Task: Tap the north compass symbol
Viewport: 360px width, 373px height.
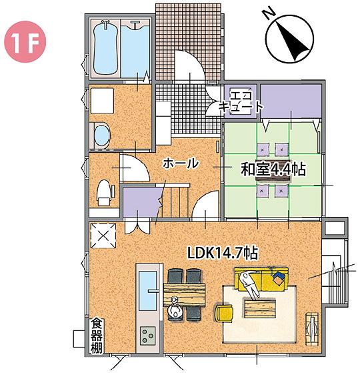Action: point(291,38)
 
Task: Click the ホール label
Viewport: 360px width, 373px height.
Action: point(179,163)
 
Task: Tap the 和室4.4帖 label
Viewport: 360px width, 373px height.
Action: point(273,169)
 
